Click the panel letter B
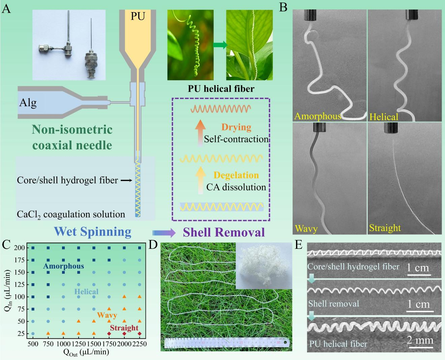[x=284, y=7]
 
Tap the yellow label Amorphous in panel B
[x=318, y=116]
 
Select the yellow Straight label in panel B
[x=385, y=228]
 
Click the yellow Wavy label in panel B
[x=306, y=229]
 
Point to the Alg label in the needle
[x=28, y=102]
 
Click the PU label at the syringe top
[x=138, y=16]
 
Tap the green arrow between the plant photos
[x=220, y=45]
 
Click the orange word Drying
[x=236, y=127]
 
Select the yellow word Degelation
[x=236, y=175]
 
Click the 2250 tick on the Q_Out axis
[x=139, y=343]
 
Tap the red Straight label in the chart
[x=124, y=328]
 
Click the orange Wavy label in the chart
[x=107, y=315]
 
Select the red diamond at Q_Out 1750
[x=109, y=334]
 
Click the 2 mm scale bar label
[x=420, y=340]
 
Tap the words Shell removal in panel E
[x=333, y=304]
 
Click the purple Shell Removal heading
[x=224, y=232]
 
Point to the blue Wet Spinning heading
[x=92, y=232]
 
